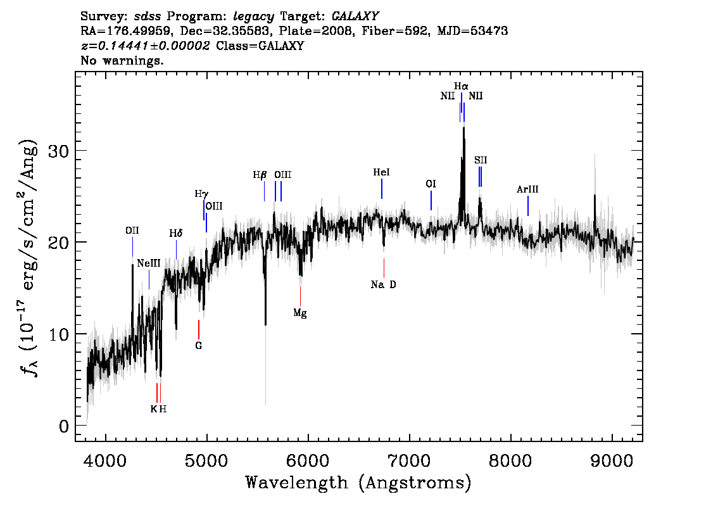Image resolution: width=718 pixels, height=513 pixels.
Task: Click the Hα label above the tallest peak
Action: pyautogui.click(x=461, y=86)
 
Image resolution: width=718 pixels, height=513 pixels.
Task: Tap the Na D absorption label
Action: pyautogui.click(x=383, y=284)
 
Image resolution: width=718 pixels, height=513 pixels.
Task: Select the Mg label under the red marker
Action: pyautogui.click(x=300, y=313)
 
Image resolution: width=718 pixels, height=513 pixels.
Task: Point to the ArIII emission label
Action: pyautogui.click(x=527, y=189)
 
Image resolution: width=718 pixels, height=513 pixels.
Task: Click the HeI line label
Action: pyautogui.click(x=381, y=172)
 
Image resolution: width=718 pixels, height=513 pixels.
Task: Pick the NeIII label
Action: pyautogui.click(x=149, y=263)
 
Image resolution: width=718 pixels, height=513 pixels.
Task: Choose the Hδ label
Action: pyautogui.click(x=176, y=233)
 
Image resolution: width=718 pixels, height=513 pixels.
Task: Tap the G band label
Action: pyautogui.click(x=198, y=346)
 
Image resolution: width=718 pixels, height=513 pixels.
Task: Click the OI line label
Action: pyautogui.click(x=431, y=184)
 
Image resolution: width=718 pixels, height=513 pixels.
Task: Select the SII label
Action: pyautogui.click(x=481, y=160)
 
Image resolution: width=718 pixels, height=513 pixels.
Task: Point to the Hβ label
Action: pyautogui.click(x=260, y=175)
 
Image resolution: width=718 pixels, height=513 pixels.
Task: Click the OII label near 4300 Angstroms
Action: pyautogui.click(x=132, y=231)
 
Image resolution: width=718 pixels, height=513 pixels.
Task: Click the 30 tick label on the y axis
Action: pyautogui.click(x=59, y=151)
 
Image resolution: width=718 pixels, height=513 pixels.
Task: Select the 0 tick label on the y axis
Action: pyautogui.click(x=64, y=426)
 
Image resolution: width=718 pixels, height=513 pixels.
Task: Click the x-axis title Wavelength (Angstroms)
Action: pyautogui.click(x=358, y=483)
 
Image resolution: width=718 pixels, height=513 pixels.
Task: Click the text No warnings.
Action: pyautogui.click(x=122, y=60)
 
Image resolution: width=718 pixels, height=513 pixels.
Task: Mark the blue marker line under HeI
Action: pyautogui.click(x=381, y=189)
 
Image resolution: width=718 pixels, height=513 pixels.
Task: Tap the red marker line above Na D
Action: pyautogui.click(x=384, y=269)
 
